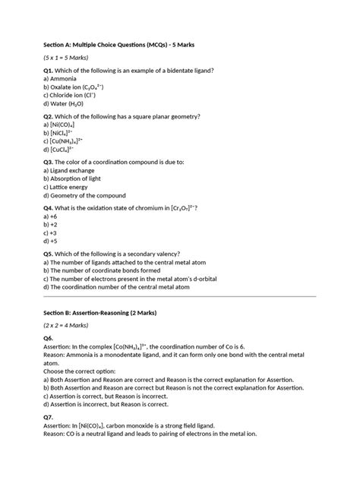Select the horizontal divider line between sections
click(179, 296)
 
